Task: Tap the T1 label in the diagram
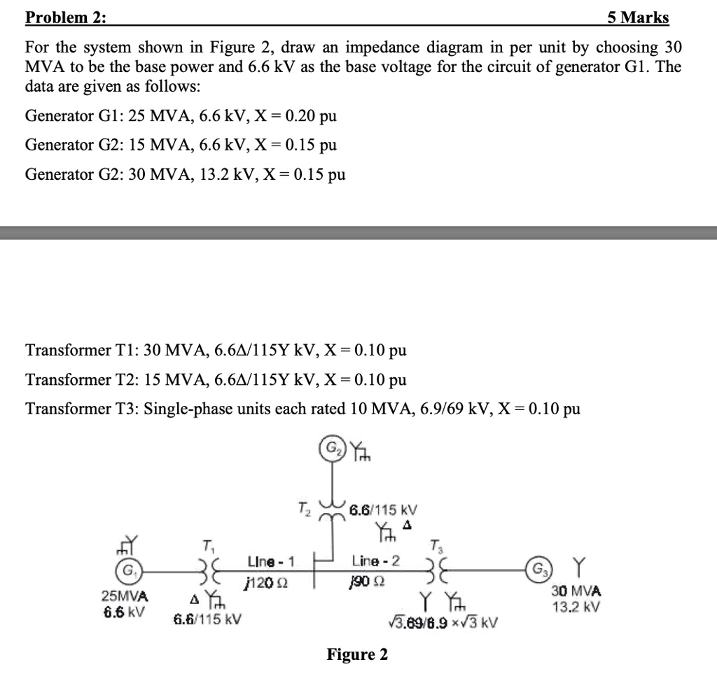[207, 546]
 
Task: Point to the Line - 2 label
[376, 561]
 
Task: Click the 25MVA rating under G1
[125, 596]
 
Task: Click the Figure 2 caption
[357, 654]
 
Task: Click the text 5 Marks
[638, 17]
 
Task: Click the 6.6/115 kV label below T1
[207, 619]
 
